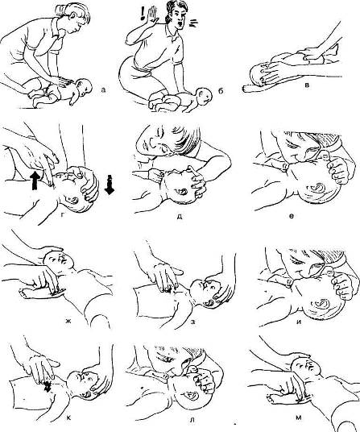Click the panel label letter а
[103, 89]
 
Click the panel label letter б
[221, 90]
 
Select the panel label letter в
[307, 85]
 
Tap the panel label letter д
[179, 217]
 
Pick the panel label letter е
[292, 216]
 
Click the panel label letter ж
[67, 321]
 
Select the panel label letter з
[193, 321]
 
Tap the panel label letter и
[299, 322]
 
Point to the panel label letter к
[68, 418]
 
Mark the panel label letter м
[299, 418]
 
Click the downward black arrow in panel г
[110, 185]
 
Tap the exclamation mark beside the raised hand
[143, 14]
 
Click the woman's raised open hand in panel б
[151, 17]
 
